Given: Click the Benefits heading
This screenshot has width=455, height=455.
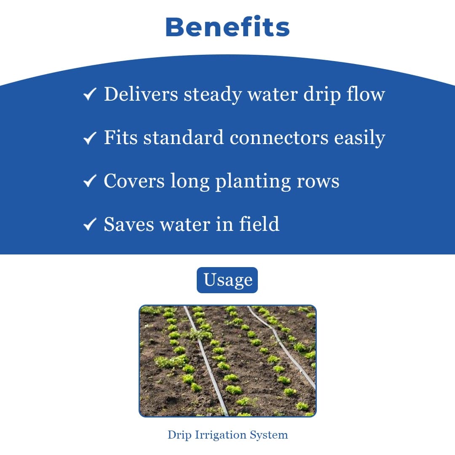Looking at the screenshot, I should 227,27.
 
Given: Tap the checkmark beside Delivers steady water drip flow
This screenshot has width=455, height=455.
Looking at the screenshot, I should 90,94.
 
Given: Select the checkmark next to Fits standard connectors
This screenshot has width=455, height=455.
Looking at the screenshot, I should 90,138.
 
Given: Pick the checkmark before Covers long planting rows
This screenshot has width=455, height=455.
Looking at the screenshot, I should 90,181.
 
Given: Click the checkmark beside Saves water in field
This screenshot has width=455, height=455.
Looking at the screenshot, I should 90,225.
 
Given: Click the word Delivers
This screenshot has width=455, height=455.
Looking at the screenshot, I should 141,94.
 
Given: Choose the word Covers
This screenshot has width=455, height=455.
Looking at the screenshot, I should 134,181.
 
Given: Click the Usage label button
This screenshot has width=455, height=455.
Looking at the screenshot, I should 227,280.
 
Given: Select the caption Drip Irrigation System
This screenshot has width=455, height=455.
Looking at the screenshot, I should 227,435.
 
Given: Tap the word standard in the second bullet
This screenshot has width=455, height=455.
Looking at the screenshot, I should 183,138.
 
